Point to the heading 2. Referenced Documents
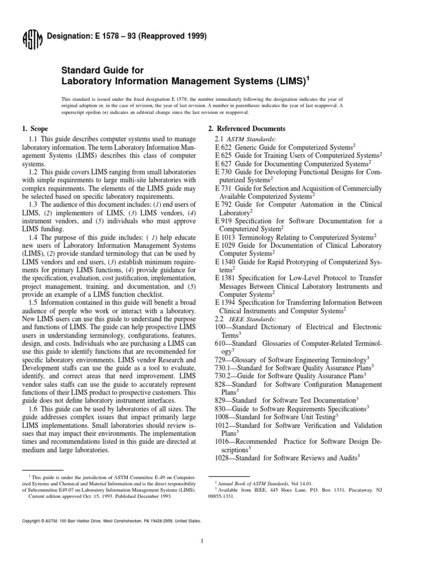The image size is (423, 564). click(x=247, y=128)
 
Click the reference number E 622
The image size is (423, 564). click(x=224, y=148)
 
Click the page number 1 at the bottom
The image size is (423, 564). click(x=203, y=541)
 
